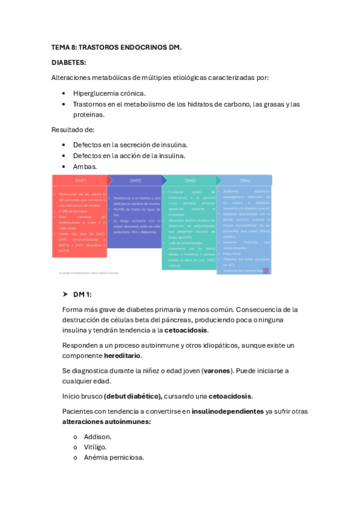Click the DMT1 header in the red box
(x=81, y=180)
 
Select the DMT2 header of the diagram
(x=135, y=180)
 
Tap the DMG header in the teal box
(x=190, y=180)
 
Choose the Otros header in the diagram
(x=245, y=180)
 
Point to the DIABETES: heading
(x=69, y=62)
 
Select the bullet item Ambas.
(x=85, y=166)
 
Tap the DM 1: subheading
(x=82, y=294)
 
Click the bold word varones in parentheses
(x=217, y=370)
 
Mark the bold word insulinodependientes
(x=227, y=411)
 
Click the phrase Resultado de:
(x=73, y=129)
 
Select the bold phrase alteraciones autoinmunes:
(x=106, y=422)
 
